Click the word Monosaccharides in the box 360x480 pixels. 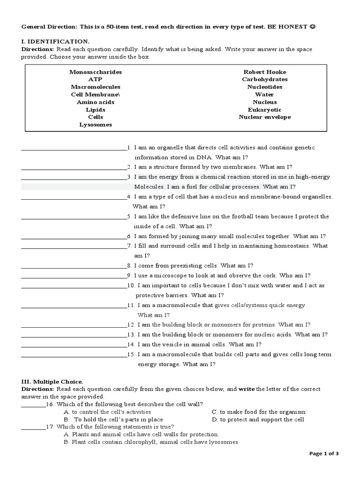96,72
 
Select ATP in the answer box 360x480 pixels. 95,80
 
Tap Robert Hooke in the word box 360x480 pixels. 265,72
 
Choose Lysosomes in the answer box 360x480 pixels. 96,125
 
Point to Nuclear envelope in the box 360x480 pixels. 265,117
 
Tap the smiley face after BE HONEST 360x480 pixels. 313,27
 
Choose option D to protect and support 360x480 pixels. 258,420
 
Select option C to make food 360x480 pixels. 258,412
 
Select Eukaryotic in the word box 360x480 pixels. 265,110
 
